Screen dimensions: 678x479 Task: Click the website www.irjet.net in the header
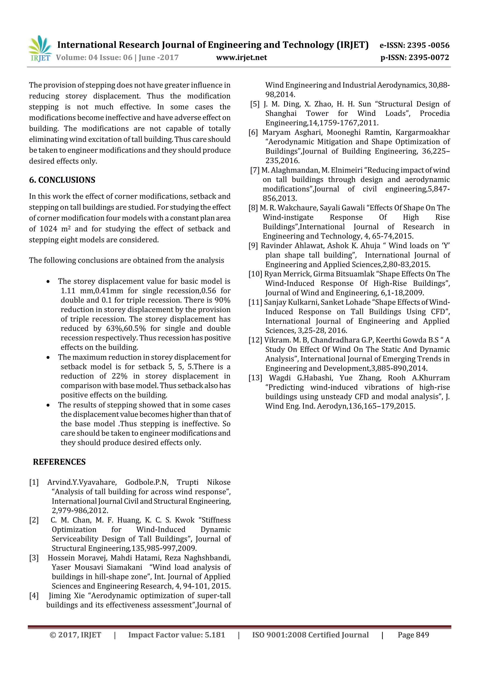tap(241, 58)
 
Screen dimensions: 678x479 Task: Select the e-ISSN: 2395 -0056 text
tap(414, 45)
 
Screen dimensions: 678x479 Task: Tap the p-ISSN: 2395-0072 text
tap(415, 58)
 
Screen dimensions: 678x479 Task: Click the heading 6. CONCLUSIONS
tap(62, 180)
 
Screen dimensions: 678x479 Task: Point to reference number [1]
tap(34, 482)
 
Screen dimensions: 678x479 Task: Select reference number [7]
tap(255, 170)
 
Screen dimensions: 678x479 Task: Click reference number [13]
tap(255, 378)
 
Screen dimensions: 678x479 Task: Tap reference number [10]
tap(255, 274)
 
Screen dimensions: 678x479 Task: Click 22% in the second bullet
tap(120, 376)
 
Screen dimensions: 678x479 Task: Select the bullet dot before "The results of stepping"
tap(48, 405)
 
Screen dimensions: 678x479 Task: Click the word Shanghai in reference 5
tap(281, 114)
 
